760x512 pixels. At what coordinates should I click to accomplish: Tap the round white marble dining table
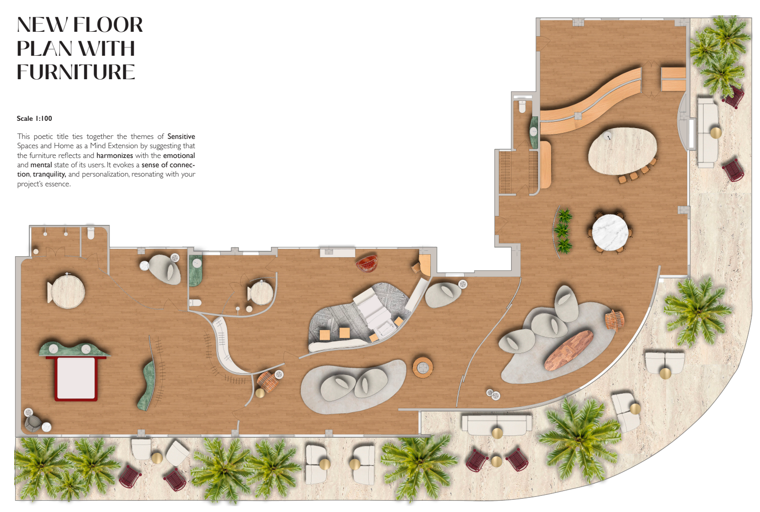610,233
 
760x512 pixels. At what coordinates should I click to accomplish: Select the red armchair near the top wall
367,263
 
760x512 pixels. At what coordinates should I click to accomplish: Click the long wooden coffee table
569,350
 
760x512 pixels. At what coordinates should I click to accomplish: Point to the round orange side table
423,367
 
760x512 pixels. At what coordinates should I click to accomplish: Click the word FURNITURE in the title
76,72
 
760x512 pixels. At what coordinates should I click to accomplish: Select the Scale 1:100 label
34,118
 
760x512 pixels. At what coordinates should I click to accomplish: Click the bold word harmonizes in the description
114,156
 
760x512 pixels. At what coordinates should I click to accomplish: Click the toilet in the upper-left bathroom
91,233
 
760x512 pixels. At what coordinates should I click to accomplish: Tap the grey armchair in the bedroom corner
33,424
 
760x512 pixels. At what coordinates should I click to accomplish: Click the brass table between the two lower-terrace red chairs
496,462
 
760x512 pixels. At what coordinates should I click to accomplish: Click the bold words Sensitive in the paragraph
181,136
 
